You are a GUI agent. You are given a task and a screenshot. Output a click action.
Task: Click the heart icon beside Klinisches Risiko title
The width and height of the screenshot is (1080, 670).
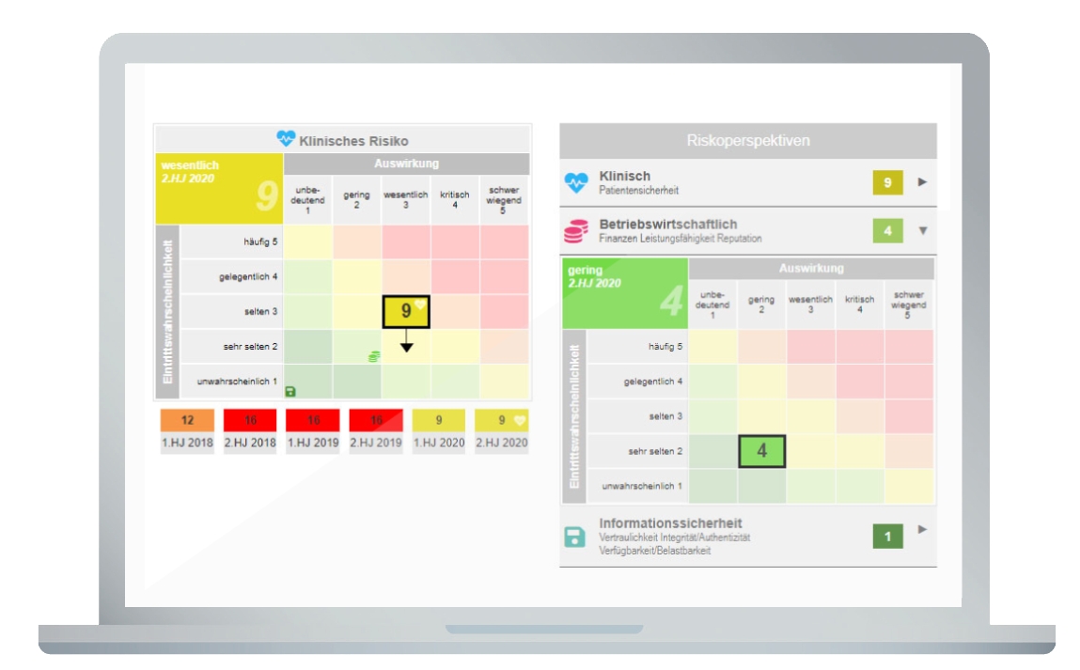(286, 139)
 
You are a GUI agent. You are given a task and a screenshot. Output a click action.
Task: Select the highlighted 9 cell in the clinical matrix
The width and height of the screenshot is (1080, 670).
(406, 311)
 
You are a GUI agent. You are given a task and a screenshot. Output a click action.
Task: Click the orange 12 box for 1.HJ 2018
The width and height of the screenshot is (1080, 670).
(187, 420)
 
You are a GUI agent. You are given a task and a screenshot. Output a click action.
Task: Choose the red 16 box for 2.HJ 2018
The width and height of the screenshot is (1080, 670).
(250, 420)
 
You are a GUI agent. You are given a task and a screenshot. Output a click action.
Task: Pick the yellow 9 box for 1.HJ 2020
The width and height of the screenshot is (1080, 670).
(438, 420)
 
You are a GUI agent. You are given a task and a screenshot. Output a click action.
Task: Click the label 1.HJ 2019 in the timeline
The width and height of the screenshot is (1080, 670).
(313, 443)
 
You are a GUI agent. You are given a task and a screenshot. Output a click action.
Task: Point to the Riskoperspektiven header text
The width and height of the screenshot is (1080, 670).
(747, 141)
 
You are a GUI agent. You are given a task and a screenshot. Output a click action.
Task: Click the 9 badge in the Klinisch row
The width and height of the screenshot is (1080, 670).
(887, 182)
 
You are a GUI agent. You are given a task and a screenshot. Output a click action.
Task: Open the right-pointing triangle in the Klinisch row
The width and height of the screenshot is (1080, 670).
(922, 181)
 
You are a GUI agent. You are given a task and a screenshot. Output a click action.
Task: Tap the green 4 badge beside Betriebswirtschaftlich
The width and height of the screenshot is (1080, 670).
(887, 230)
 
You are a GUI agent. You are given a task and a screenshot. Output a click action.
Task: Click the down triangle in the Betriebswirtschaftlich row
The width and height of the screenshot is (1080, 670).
(922, 230)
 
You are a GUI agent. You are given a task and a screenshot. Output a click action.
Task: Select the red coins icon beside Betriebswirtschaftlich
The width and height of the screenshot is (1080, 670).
(575, 231)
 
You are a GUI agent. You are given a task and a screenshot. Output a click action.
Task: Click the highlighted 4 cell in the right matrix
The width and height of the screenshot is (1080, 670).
(761, 451)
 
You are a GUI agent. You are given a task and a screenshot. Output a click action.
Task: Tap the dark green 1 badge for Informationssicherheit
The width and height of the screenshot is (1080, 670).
(887, 537)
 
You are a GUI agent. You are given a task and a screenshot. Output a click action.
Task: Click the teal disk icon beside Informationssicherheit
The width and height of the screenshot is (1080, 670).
(574, 537)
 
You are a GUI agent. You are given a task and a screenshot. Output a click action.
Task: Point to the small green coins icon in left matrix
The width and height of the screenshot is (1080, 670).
(374, 356)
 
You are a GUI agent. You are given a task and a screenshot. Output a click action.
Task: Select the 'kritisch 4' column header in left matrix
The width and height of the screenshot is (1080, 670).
(455, 199)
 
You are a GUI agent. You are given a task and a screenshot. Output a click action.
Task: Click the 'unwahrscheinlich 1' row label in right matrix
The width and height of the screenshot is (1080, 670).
(642, 486)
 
